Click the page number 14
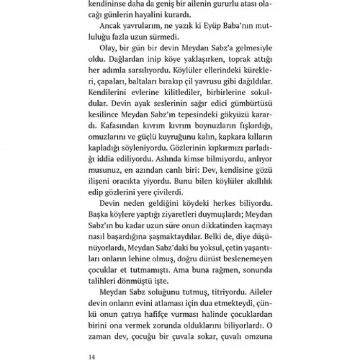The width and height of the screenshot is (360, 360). (x=93, y=354)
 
